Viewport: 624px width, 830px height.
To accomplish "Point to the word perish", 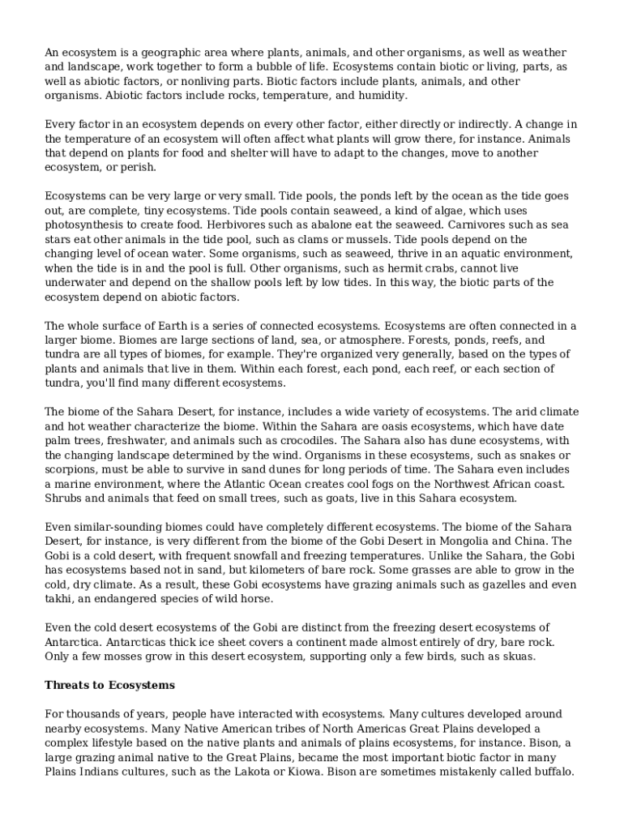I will pos(135,168).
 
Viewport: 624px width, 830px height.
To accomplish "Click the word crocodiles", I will pos(306,441).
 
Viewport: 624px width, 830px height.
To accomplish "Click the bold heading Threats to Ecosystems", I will pos(109,686).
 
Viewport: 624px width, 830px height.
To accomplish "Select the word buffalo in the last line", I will pos(553,772).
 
